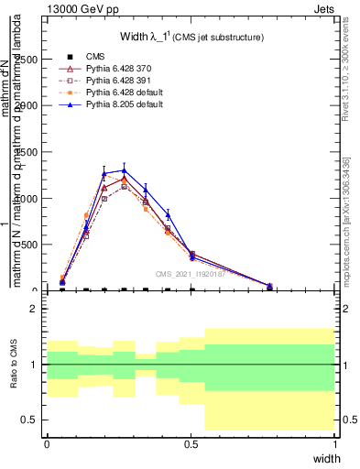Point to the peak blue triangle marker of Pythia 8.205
(124, 170)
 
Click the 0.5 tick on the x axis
(191, 444)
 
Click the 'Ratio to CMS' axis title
(13, 365)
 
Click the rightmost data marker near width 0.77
(269, 286)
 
